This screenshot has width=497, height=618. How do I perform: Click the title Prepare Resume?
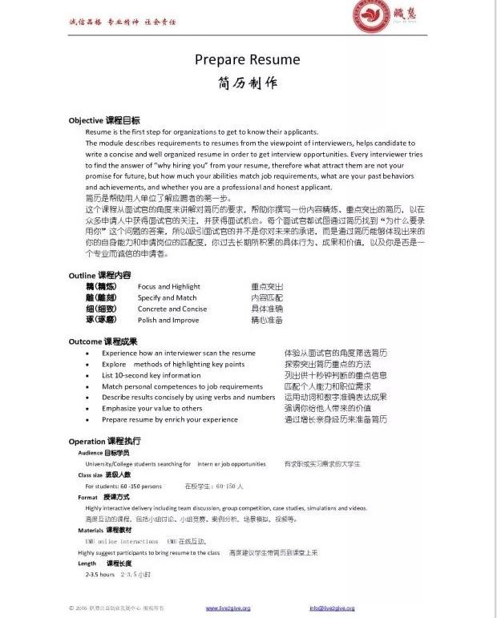pyautogui.click(x=248, y=59)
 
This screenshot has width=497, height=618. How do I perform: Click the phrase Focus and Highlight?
pyautogui.click(x=168, y=286)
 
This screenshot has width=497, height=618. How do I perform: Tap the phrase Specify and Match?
pyautogui.click(x=167, y=297)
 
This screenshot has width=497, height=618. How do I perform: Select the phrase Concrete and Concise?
pyautogui.click(x=172, y=309)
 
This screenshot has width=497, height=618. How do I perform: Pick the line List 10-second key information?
pyautogui.click(x=152, y=375)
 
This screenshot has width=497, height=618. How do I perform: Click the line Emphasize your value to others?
pyautogui.click(x=152, y=408)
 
